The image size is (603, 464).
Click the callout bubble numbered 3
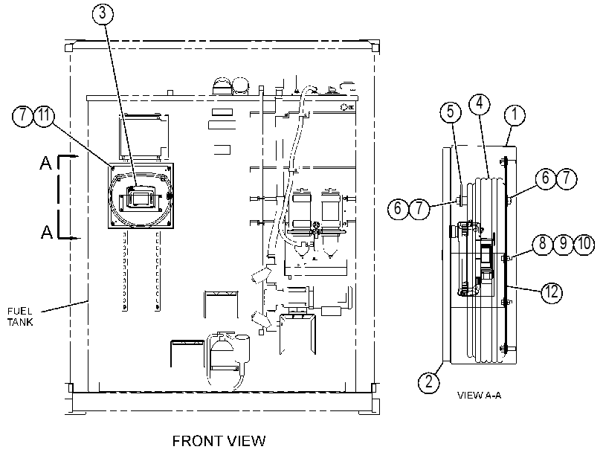103,13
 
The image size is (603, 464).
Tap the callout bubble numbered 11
45,115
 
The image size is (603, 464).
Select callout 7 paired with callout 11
23,115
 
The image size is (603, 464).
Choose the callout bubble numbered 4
480,104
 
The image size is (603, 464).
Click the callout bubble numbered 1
515,115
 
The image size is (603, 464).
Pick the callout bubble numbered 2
429,381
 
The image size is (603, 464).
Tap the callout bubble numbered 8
543,244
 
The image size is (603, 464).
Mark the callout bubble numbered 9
564,244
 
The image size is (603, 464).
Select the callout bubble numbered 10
584,244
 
